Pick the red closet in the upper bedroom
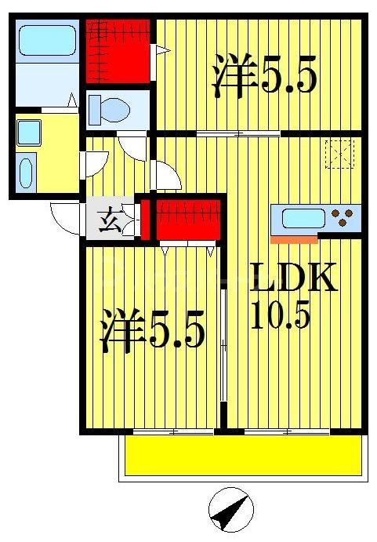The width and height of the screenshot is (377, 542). (x=117, y=49)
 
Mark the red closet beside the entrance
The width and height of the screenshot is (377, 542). (x=187, y=220)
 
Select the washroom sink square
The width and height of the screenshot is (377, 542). (x=29, y=133)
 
